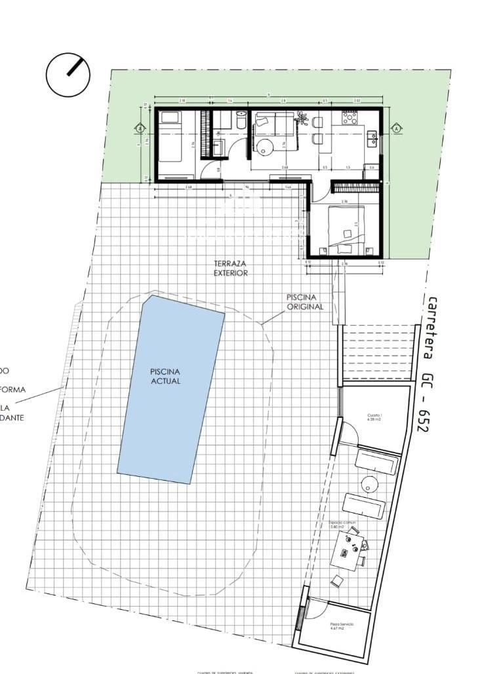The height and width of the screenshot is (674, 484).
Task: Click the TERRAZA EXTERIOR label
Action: pos(230,269)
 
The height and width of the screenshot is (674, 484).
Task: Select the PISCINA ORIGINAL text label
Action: pos(304,302)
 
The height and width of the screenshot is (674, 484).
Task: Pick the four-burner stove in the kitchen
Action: pos(348,119)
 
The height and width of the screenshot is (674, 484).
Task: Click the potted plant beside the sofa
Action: pos(302,119)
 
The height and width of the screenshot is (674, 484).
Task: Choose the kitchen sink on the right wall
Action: pos(373,138)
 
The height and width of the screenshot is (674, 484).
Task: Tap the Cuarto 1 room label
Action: pos(373,417)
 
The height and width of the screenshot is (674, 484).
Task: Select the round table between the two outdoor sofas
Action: pos(369,484)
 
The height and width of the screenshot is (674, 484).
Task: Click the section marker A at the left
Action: pos(139,129)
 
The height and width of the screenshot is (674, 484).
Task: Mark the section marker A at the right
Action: pos(396,129)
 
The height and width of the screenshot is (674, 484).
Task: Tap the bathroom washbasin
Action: pos(219,145)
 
